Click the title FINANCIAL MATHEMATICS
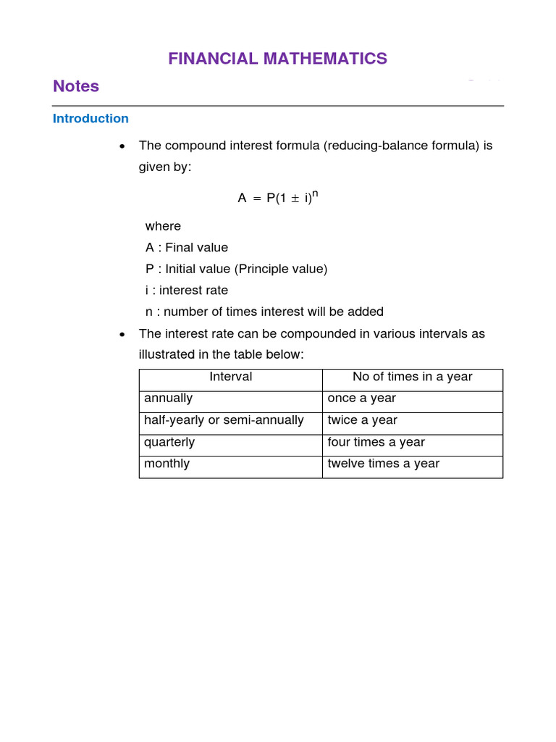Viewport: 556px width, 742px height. point(277,59)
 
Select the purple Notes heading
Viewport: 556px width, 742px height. point(76,86)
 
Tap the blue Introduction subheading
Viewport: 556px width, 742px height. point(90,118)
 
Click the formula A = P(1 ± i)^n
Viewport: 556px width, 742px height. point(278,197)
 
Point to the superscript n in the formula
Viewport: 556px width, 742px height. point(316,192)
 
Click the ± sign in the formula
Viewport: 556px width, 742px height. point(295,198)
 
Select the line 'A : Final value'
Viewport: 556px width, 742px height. point(186,248)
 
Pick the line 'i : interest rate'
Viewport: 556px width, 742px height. point(186,291)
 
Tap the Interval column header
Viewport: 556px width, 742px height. point(230,377)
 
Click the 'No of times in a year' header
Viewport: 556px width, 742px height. point(412,377)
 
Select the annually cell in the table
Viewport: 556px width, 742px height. point(169,399)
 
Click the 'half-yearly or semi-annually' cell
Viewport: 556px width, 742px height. point(224,420)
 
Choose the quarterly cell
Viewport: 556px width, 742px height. point(169,442)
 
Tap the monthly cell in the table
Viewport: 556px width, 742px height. point(167,464)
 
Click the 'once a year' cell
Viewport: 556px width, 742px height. point(361,399)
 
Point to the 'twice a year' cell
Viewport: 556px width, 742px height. point(362,420)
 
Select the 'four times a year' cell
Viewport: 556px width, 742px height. point(376,442)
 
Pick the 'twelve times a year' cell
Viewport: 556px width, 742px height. point(383,464)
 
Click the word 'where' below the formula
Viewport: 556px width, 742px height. point(163,226)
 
